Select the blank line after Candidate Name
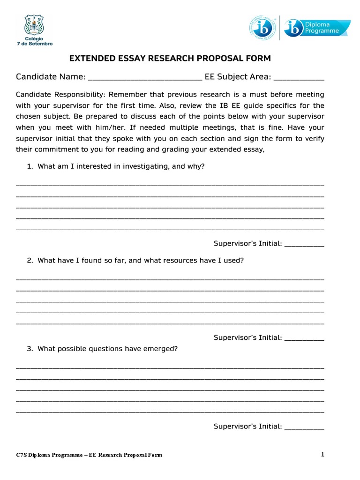(145, 79)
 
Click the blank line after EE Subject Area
(299, 79)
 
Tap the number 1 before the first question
(29, 166)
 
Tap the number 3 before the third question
(29, 349)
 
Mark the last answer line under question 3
(170, 412)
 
